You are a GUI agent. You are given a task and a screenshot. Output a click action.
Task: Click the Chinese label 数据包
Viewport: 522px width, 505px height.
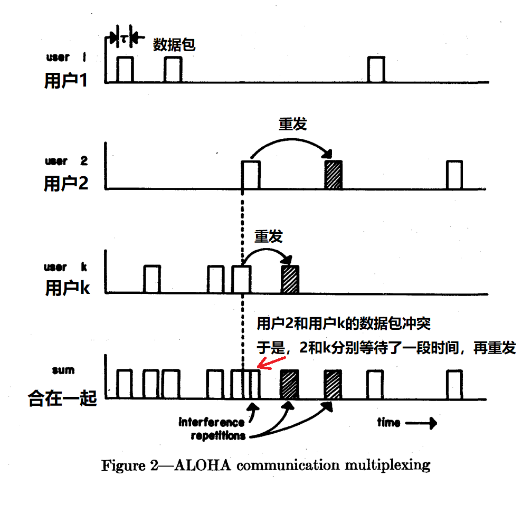174,44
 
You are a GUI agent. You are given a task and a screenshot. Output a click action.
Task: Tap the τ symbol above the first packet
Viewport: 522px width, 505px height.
123,38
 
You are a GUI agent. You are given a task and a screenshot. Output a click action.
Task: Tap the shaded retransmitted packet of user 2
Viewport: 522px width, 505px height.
334,175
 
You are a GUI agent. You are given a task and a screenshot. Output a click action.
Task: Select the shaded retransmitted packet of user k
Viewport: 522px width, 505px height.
290,279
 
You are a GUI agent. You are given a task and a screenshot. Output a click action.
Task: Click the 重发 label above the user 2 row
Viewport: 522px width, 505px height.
292,125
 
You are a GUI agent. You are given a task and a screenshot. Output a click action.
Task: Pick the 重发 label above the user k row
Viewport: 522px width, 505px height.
268,236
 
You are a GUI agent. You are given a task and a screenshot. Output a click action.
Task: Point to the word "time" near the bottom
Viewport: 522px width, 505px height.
388,422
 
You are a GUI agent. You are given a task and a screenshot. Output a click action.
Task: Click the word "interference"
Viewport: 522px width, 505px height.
212,422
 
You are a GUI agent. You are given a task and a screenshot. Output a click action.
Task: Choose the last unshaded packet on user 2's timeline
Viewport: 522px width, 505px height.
454,175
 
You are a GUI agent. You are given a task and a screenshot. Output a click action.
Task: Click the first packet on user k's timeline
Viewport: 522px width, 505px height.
151,279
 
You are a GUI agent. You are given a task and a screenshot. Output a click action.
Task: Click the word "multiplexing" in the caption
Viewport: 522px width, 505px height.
387,465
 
